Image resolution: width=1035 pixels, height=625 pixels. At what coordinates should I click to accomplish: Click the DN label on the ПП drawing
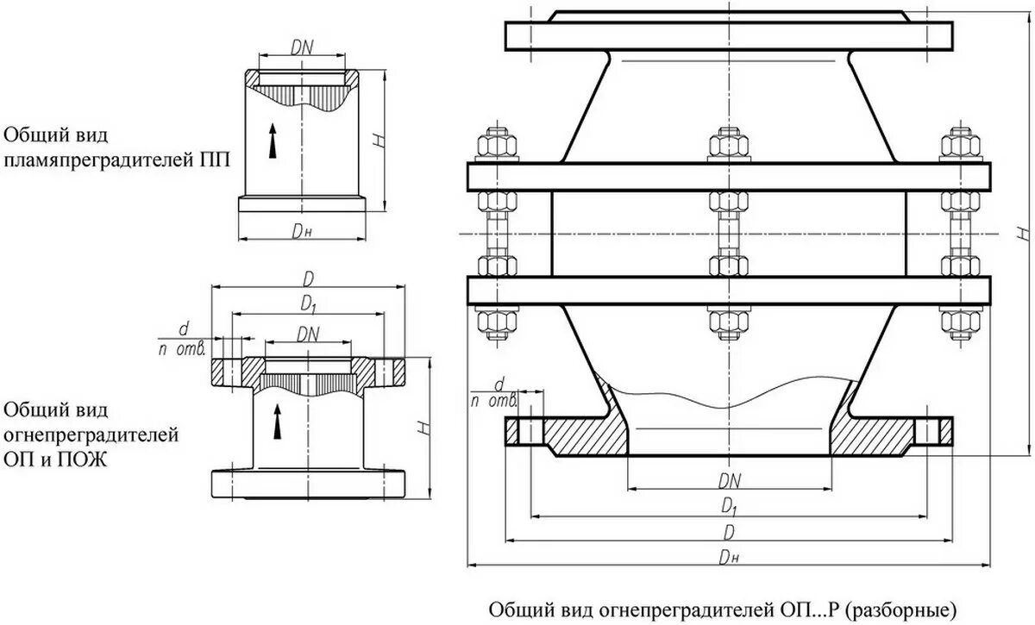pos(301,49)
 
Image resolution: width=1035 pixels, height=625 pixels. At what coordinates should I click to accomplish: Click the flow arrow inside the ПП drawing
pos(273,141)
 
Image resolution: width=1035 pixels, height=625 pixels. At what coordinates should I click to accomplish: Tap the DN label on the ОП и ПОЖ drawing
pos(307,334)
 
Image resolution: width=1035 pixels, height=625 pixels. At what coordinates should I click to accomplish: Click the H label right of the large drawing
pos(1020,234)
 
